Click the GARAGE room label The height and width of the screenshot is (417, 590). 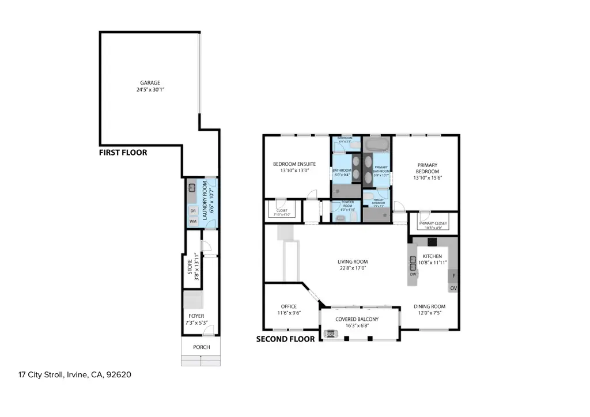(x=150, y=82)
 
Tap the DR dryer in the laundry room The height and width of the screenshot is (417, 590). (x=193, y=210)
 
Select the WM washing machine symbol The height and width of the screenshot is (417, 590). (x=193, y=221)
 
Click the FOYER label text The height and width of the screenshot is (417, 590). (x=196, y=316)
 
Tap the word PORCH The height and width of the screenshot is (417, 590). (x=201, y=347)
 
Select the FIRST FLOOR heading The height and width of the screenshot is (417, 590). (x=123, y=153)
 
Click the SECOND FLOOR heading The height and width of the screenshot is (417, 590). (x=285, y=339)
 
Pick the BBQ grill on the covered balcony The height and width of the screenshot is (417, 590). (x=331, y=333)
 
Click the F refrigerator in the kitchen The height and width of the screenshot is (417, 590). (x=453, y=275)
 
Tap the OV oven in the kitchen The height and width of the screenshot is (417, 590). (x=453, y=287)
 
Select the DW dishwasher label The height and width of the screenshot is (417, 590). (x=413, y=274)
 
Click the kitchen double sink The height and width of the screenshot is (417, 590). (x=413, y=263)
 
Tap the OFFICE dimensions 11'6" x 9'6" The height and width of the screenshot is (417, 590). (x=288, y=313)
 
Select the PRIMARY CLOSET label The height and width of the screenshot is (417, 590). (x=433, y=223)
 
